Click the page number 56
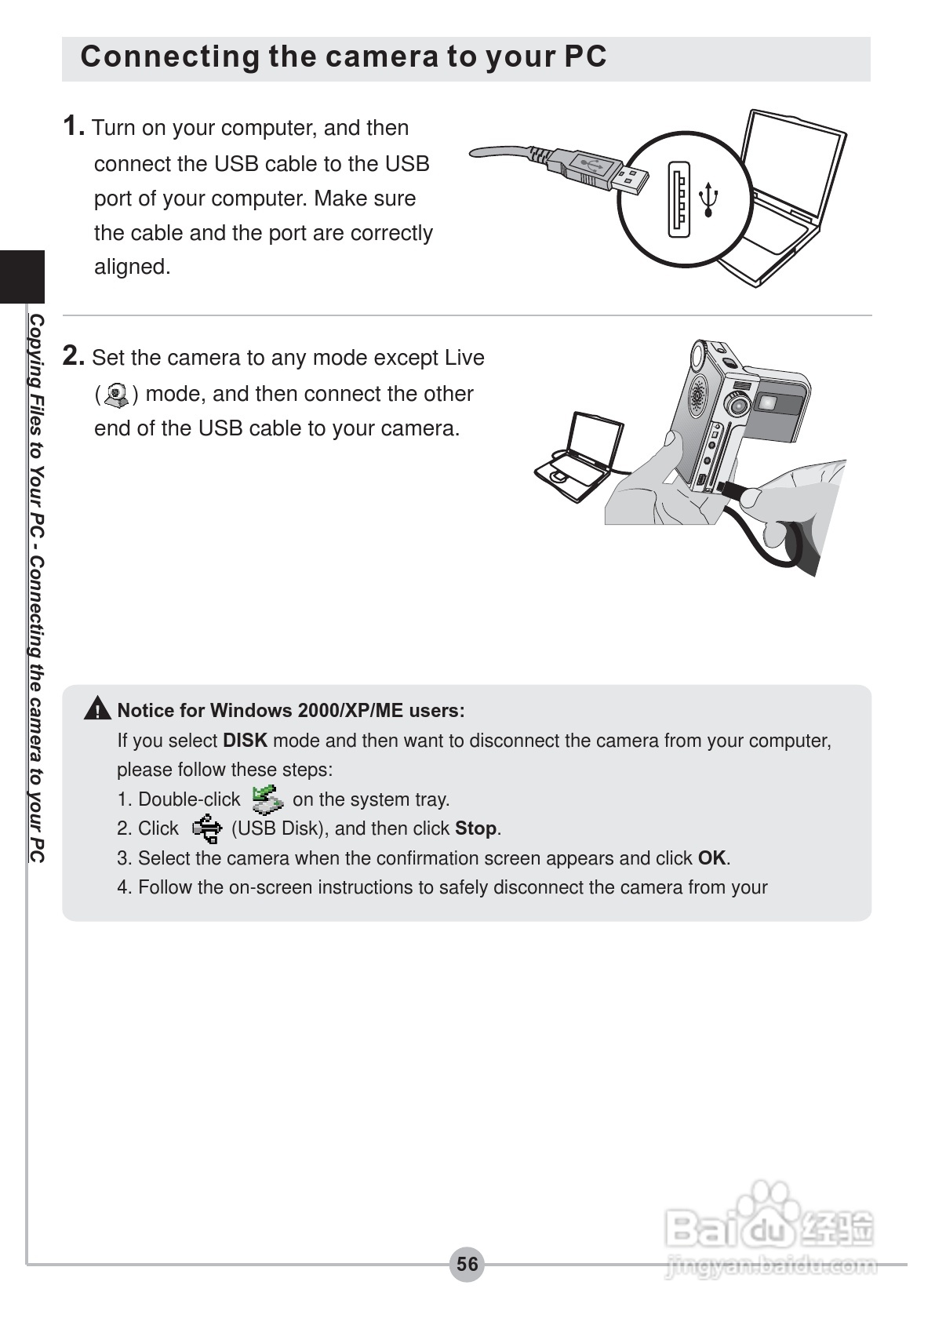click(467, 1264)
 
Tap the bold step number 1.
click(73, 126)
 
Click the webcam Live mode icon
click(117, 395)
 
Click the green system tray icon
click(267, 799)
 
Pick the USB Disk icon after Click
click(206, 828)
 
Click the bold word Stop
click(475, 828)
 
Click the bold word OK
click(711, 858)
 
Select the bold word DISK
click(245, 741)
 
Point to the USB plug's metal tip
click(631, 179)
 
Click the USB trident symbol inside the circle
click(709, 199)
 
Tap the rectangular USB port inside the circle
click(679, 198)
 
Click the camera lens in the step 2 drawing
click(735, 403)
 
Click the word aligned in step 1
click(132, 267)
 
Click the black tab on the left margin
click(22, 276)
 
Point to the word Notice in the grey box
click(145, 711)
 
